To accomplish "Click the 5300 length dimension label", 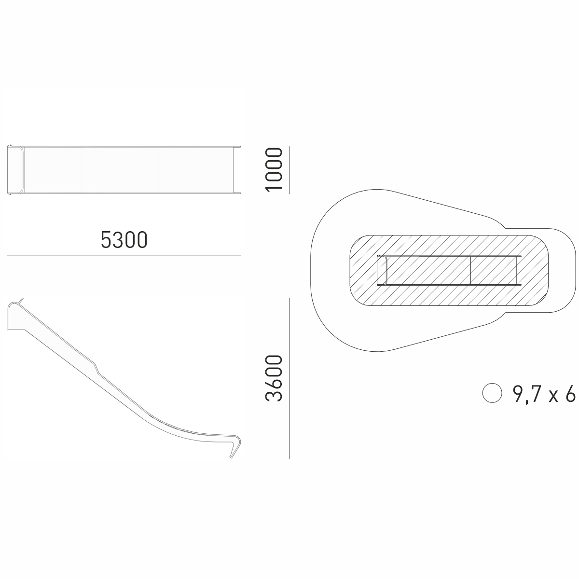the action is tap(124, 240).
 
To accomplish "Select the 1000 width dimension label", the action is tap(274, 169).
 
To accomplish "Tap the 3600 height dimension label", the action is tap(274, 379).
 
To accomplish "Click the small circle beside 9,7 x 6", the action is tap(492, 393).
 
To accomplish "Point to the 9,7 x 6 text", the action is tap(544, 394).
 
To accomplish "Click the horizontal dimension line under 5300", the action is tap(124, 256).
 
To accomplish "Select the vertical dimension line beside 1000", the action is tap(289, 170).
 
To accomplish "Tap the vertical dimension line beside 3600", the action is tap(289, 378).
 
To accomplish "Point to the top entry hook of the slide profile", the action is tap(15, 304).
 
